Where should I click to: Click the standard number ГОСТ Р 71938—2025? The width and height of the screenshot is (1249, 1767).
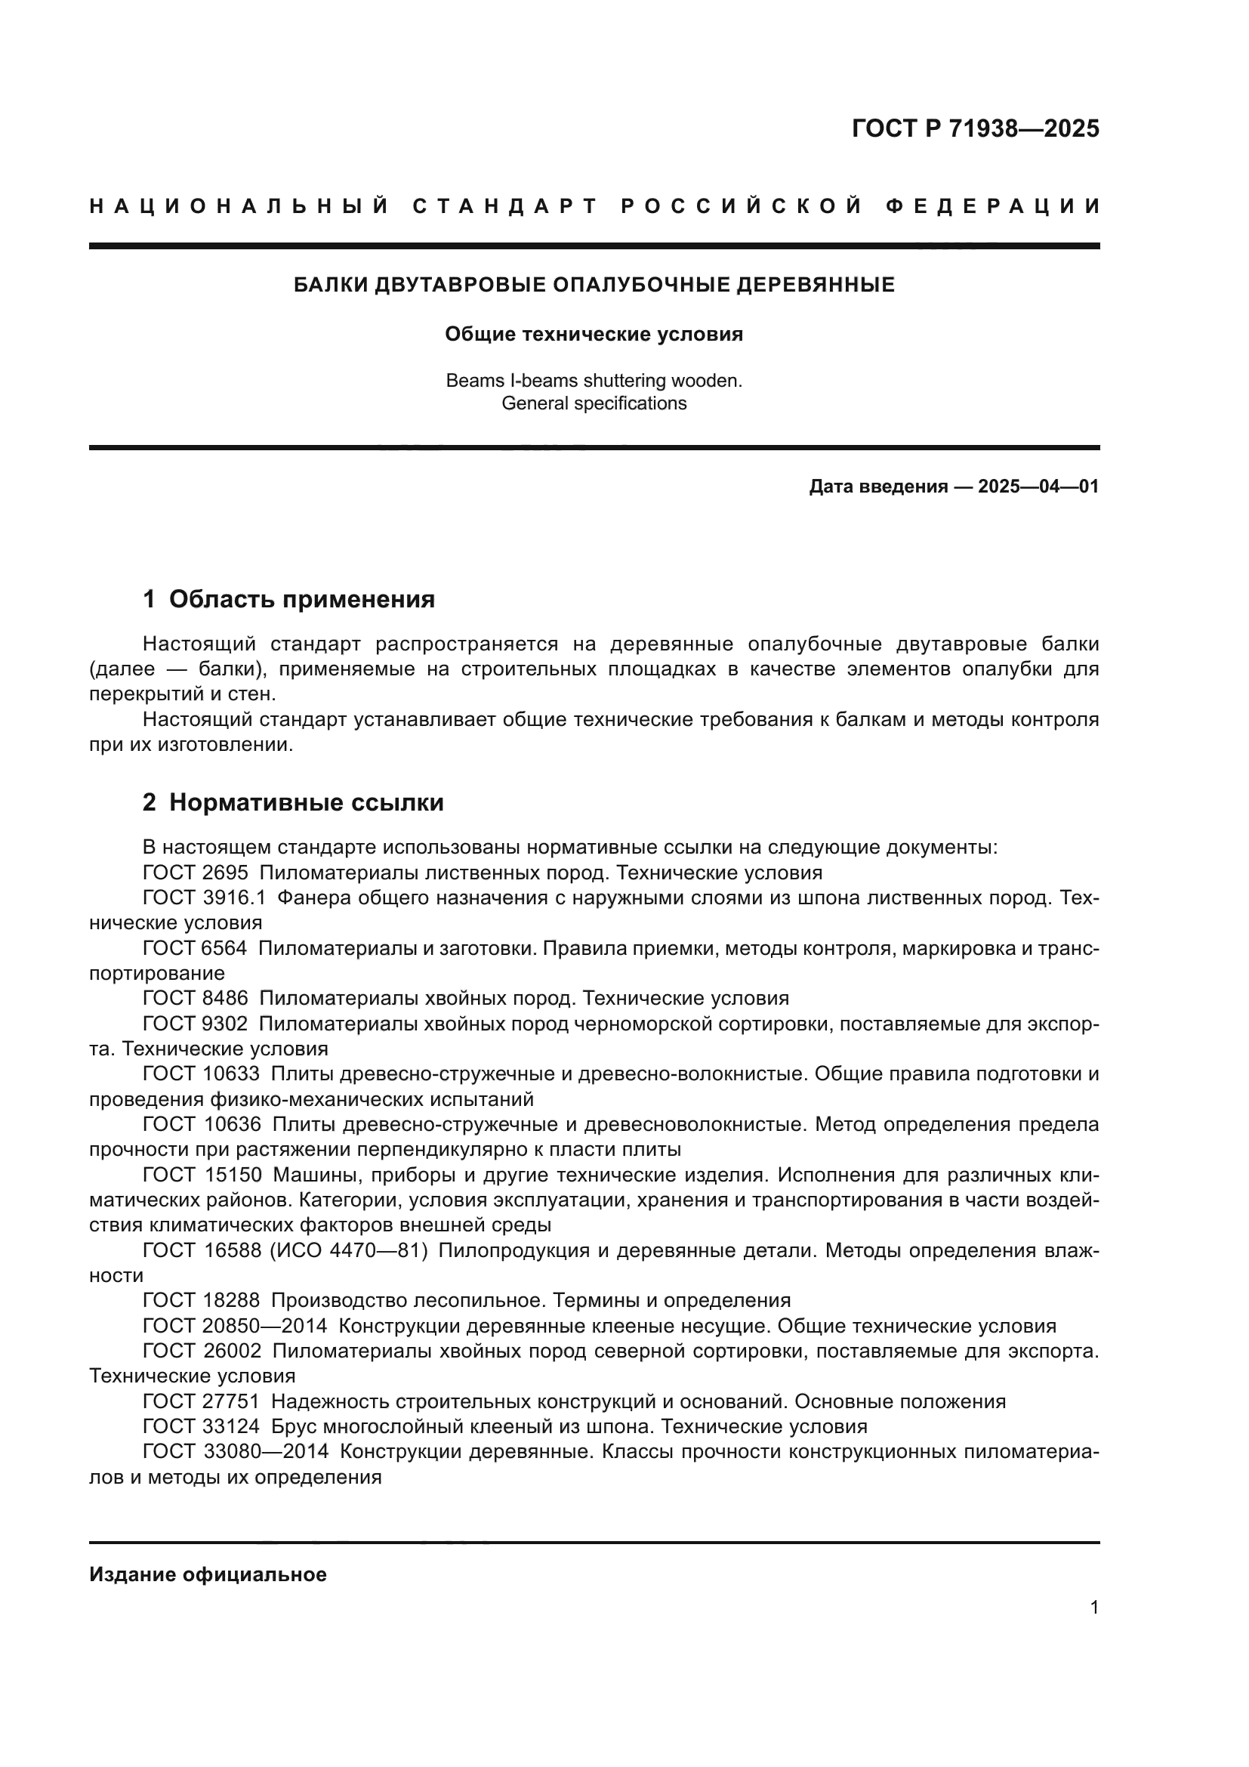tap(975, 128)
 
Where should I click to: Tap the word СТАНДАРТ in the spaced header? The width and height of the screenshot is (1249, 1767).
tap(505, 206)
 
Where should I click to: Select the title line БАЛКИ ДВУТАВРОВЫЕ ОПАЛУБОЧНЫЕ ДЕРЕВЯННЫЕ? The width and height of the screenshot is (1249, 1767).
tap(594, 286)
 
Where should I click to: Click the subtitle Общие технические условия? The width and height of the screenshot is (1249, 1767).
tap(594, 334)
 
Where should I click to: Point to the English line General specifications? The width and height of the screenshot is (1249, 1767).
tap(594, 403)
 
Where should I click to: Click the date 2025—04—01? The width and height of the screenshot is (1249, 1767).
tap(1038, 487)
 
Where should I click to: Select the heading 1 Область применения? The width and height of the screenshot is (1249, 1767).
tap(288, 600)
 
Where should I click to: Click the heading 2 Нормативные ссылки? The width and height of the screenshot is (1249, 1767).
tap(293, 803)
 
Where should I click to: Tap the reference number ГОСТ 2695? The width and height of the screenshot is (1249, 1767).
tap(196, 873)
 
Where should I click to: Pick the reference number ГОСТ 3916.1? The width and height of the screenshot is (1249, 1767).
tap(204, 898)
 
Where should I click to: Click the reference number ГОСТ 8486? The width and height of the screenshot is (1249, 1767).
tap(196, 998)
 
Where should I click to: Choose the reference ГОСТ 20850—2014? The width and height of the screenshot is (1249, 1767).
tap(235, 1326)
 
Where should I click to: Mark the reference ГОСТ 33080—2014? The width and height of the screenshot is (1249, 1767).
tap(236, 1451)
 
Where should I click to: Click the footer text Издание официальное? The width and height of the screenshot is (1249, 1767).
tap(208, 1574)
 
